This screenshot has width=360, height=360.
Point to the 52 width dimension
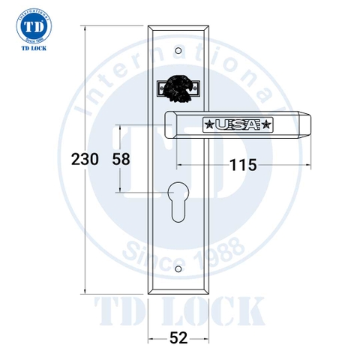(178, 337)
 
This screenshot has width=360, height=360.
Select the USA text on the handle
(238, 124)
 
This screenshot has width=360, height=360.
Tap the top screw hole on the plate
(179, 52)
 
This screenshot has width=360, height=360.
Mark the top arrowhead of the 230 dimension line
(85, 26)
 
